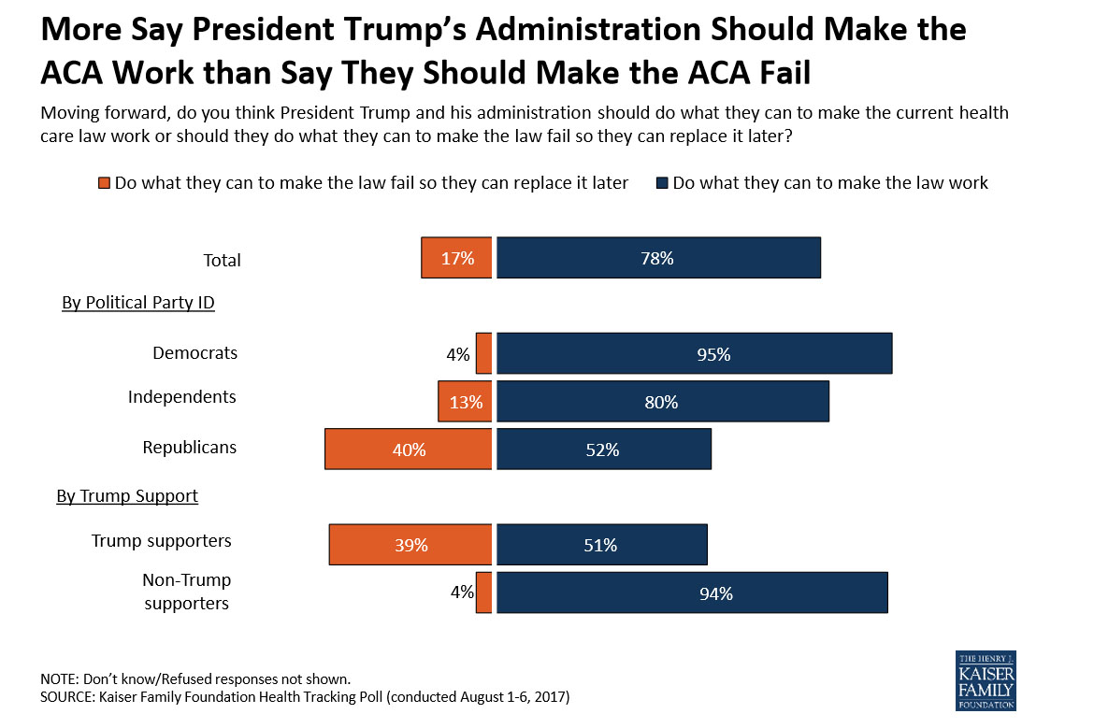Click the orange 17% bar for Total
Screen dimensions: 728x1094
(456, 258)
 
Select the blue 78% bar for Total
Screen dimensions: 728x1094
(658, 258)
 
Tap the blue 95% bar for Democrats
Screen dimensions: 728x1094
(694, 354)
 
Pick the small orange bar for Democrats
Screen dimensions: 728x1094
(483, 354)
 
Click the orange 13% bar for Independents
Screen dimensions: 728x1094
(465, 402)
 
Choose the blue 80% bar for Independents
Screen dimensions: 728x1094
(662, 402)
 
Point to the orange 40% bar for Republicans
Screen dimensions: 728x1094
(408, 449)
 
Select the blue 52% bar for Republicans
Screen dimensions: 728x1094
(603, 449)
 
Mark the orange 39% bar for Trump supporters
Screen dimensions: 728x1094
(410, 545)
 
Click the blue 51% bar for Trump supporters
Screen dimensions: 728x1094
(601, 545)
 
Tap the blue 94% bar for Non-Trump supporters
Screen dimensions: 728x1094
(691, 592)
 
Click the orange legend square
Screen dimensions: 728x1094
(104, 183)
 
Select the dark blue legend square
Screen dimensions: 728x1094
(661, 183)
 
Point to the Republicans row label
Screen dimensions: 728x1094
(189, 447)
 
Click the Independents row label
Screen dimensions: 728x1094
(181, 396)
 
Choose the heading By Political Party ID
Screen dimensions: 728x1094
(138, 302)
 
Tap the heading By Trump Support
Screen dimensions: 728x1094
(127, 495)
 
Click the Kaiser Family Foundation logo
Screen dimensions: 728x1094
(985, 680)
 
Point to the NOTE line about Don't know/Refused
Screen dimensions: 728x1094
(194, 678)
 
